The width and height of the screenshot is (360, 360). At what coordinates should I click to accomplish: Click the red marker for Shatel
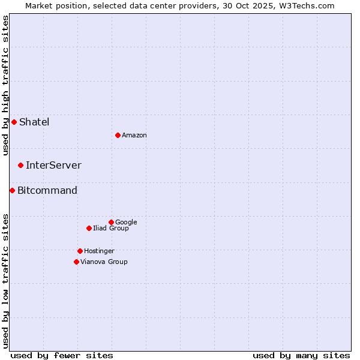(x=14, y=122)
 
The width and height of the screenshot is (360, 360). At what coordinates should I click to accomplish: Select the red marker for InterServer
(x=20, y=165)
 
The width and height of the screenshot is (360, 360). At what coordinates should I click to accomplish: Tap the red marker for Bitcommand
(x=12, y=190)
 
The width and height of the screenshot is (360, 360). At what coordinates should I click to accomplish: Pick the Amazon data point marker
(x=118, y=135)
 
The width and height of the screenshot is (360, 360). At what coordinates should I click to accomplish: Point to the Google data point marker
(x=111, y=222)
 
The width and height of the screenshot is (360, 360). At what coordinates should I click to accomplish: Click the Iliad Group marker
(x=89, y=228)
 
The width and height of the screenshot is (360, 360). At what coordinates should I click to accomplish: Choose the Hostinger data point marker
(x=80, y=251)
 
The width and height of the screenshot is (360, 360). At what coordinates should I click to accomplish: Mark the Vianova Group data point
(x=76, y=262)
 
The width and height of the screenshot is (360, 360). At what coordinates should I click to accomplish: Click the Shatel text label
(x=34, y=122)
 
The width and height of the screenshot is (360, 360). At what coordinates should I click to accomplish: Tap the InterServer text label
(x=53, y=165)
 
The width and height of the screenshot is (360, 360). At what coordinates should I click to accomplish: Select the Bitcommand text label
(x=47, y=190)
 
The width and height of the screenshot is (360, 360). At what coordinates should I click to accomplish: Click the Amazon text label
(x=134, y=135)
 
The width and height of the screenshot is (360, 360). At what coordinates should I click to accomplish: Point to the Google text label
(x=126, y=222)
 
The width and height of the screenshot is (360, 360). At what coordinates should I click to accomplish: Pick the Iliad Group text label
(x=111, y=228)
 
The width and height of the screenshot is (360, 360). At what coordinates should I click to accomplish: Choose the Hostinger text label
(x=99, y=251)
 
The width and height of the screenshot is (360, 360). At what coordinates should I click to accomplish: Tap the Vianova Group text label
(x=104, y=262)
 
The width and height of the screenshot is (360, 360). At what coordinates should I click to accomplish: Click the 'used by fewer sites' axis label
(x=62, y=355)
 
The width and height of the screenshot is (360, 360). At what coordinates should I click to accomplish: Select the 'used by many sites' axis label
(x=301, y=355)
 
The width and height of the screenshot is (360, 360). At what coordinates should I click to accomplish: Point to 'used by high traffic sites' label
(x=5, y=85)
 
